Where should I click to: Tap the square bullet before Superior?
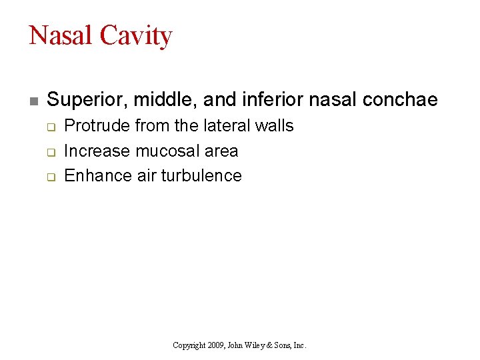point(33,101)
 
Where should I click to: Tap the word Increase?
point(97,151)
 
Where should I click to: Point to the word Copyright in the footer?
point(188,345)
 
